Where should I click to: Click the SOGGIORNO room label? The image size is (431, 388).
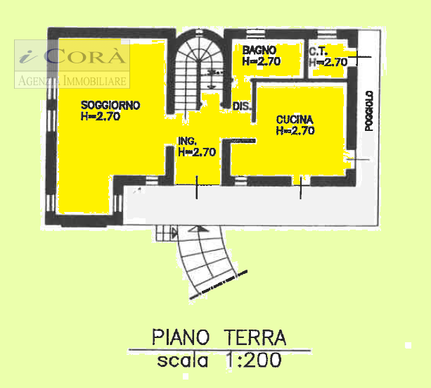[110, 105]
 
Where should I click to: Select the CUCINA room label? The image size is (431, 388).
[295, 119]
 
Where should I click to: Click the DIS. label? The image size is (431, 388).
[242, 107]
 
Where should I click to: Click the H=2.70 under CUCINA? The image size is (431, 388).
[295, 130]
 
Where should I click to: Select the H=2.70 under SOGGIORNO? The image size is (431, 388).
[101, 117]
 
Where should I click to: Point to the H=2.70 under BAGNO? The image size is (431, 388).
[262, 61]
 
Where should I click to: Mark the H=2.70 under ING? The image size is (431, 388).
[196, 151]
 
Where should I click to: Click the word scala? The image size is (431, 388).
[183, 361]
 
